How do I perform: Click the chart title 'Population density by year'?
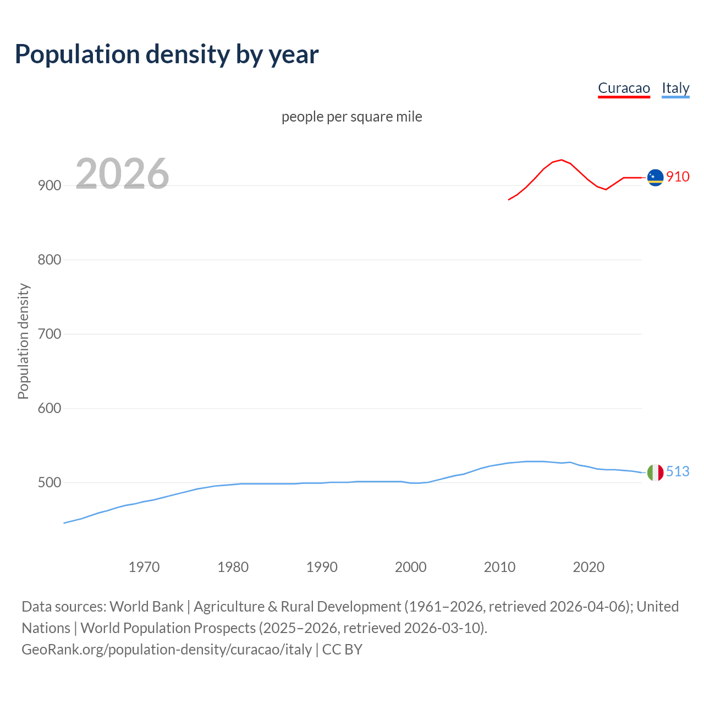click(x=167, y=54)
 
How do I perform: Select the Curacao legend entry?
click(x=624, y=88)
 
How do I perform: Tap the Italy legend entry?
click(x=675, y=88)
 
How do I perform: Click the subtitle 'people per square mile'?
click(x=352, y=117)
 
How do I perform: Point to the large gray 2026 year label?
click(x=122, y=174)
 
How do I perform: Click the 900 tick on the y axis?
click(x=49, y=186)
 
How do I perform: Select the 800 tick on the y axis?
click(x=49, y=260)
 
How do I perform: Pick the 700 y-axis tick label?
click(x=49, y=334)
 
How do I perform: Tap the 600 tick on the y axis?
click(x=49, y=409)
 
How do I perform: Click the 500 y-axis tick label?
click(x=49, y=483)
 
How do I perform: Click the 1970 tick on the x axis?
click(x=144, y=567)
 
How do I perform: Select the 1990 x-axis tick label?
click(x=322, y=567)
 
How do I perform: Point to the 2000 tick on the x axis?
click(x=411, y=567)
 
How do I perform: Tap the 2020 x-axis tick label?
click(x=588, y=567)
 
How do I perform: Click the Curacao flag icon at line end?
click(x=655, y=178)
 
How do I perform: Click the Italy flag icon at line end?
click(x=655, y=472)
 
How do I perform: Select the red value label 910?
click(x=678, y=177)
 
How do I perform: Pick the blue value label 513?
click(x=678, y=472)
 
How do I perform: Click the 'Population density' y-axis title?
click(x=23, y=341)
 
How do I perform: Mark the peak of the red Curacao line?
click(x=561, y=160)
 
